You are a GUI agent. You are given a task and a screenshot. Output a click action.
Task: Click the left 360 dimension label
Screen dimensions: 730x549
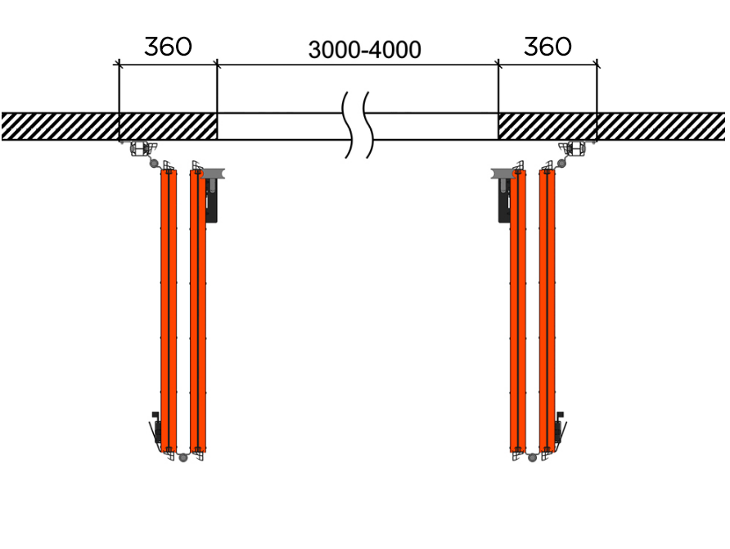168,47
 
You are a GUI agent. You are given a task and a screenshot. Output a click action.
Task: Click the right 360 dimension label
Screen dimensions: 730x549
547,47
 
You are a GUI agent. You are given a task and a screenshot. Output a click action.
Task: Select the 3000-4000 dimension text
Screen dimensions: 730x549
364,50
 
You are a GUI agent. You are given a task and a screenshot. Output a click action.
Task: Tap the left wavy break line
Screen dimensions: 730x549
349,124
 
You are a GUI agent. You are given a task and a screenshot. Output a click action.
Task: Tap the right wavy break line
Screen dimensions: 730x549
368,124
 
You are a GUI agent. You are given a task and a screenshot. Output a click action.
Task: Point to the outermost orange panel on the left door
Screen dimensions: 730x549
169,311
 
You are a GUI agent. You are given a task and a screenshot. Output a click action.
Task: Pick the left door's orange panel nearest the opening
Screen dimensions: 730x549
198,311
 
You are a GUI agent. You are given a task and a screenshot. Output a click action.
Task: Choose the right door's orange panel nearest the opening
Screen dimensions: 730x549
518,311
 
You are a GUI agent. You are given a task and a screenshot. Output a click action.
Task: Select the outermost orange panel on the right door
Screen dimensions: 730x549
547,311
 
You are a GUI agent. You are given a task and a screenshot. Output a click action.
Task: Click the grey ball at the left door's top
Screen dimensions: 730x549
154,164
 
